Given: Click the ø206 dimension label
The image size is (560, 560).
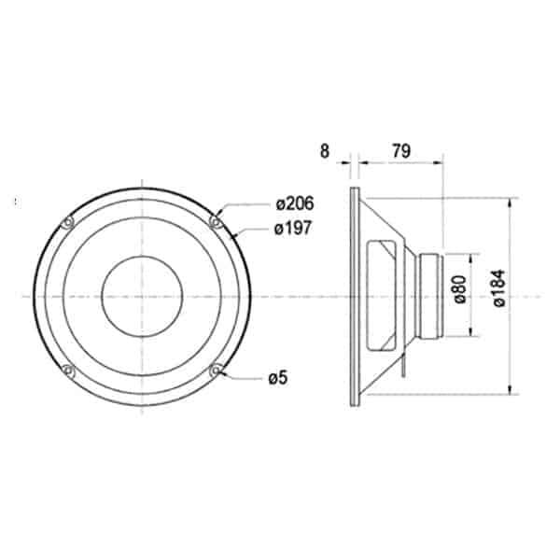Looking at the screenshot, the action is (x=295, y=203).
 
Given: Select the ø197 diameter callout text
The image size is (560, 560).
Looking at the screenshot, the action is (x=293, y=228).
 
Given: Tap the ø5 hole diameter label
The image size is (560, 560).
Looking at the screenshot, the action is (x=278, y=378).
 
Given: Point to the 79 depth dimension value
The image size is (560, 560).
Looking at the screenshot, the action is (x=401, y=151).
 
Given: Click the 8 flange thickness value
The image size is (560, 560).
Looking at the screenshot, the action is (x=324, y=151).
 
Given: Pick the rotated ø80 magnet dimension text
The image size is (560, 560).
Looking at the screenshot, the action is (x=460, y=289).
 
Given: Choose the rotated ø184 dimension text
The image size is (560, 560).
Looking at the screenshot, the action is (x=499, y=287).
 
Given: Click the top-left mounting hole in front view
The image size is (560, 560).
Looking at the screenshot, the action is (x=67, y=222).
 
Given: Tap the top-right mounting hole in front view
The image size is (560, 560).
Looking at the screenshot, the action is (x=216, y=221).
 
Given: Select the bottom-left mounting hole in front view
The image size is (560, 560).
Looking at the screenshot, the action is (x=67, y=370).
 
